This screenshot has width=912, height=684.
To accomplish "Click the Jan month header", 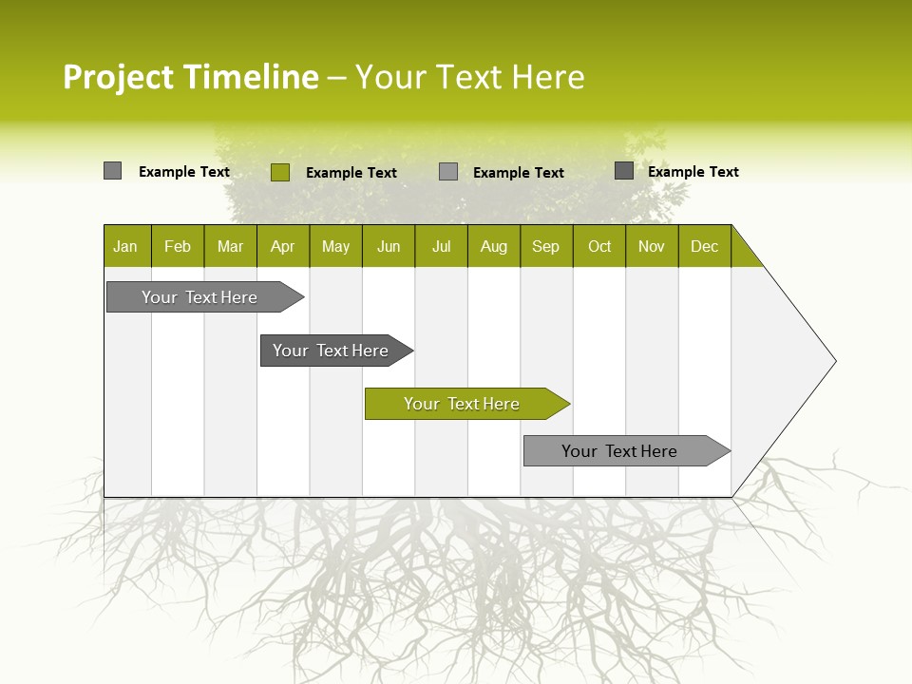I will pos(125,246).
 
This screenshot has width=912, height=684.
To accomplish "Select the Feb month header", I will pos(178,246).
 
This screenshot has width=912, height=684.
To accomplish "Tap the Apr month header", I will pos(283,246).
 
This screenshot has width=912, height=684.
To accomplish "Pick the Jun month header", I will pos(389,246).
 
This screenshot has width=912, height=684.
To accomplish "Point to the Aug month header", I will pos(493,246).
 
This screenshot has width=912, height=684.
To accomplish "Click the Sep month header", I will pos(545,246).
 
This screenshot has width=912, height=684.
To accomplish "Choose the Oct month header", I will pos(599,246).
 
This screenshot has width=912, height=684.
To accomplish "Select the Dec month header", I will pos(705,246).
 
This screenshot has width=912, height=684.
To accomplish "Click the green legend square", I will pos(280,172).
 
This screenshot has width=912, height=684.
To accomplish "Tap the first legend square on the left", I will pos(112,171).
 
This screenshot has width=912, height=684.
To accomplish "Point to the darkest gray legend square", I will pos(624,171).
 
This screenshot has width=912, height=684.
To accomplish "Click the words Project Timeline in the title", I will pos(190,77).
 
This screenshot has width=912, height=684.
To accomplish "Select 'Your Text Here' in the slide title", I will pos(470,77).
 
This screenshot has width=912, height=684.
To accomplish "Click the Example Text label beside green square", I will pos(351,173).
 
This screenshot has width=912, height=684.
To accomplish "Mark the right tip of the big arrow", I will pos(834,360).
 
